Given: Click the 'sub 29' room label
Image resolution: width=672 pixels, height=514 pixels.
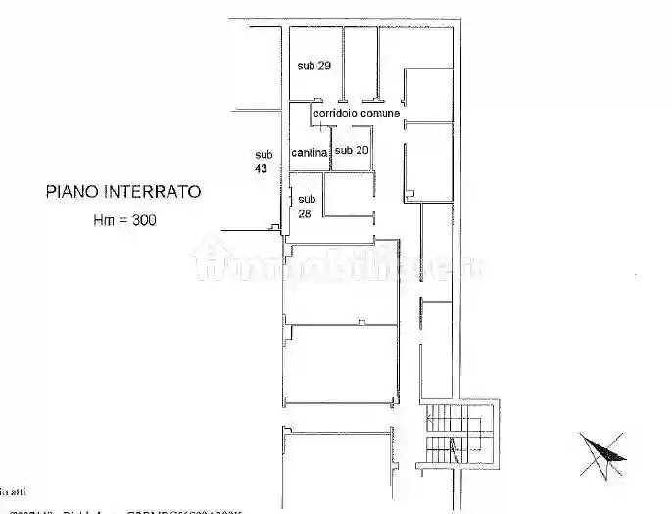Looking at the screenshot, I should click(314, 66).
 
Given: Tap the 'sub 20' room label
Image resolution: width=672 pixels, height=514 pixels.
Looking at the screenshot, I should click(351, 151).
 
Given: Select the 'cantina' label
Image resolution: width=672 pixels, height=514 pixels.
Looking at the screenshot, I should click(310, 152).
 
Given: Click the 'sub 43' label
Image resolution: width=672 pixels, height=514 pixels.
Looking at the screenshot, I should click(264, 161).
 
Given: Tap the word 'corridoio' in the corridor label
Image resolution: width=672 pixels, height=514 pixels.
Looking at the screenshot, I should click(335, 114).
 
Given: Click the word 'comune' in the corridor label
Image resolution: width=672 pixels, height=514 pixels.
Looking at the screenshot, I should click(380, 114).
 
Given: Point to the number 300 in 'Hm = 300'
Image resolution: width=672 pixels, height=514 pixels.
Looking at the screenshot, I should click(143, 221).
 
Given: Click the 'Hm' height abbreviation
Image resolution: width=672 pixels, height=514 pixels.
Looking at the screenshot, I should click(103, 221).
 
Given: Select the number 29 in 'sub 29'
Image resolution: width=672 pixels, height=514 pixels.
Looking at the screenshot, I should click(325, 66).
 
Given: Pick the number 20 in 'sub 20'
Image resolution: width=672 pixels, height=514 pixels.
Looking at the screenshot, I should click(361, 151).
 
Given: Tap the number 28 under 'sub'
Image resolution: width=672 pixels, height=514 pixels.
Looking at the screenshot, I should click(305, 212).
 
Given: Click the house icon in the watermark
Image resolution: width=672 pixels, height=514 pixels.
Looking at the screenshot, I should click(210, 260).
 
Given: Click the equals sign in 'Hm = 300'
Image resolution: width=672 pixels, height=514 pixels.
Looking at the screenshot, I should click(123, 221).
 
